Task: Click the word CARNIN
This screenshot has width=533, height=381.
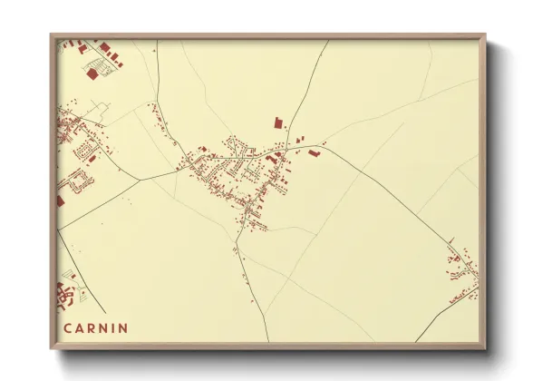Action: pos(95,327)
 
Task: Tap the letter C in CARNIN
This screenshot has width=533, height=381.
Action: pos(67,327)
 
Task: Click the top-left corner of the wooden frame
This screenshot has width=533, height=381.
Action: pos(52,36)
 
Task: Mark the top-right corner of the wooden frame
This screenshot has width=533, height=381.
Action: pos(485,36)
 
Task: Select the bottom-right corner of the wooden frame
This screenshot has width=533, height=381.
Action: pos(485,348)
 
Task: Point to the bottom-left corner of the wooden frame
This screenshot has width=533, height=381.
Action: pos(52,348)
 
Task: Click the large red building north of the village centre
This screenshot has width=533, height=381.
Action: pos(278,120)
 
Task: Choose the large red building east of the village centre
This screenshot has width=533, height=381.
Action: pos(314,153)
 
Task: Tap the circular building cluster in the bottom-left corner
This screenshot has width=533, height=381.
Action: pos(64,294)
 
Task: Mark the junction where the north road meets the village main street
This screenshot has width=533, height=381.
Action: pos(288,151)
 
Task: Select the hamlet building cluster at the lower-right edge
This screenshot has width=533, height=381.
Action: pos(463,272)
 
